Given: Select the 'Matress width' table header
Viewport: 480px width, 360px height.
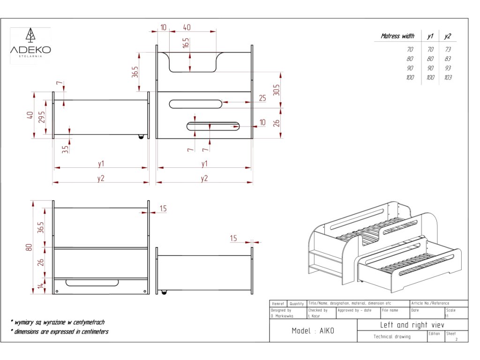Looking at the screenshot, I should pos(397,36).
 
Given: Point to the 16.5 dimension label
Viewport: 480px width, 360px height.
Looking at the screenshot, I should pos(186,43).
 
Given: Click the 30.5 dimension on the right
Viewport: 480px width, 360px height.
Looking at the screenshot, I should pos(277,90).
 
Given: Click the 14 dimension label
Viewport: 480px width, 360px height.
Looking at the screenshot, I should pos(41,285).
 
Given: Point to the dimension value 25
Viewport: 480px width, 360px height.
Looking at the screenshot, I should pos(262,98).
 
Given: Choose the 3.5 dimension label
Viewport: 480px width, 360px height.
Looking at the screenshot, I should pos(65,149).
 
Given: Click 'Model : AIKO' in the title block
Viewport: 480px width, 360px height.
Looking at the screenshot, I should pos(313,331).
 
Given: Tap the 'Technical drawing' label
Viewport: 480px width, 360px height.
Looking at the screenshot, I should pos(392,337).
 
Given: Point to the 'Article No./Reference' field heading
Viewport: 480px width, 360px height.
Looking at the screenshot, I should pos(430,303).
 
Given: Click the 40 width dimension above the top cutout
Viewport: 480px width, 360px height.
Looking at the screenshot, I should pos(187,28).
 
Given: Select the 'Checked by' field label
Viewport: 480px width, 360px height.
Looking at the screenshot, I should pos(318,310).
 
